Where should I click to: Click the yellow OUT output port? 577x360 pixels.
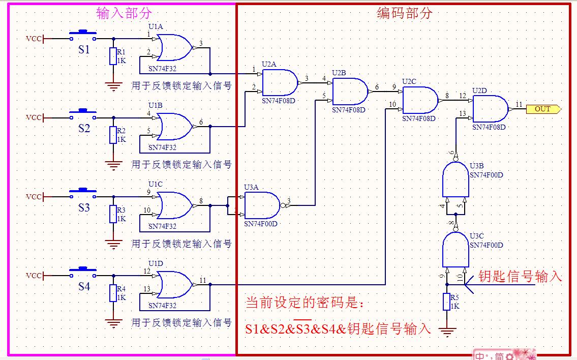tap(543, 109)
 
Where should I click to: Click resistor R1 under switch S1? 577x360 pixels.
tap(113, 56)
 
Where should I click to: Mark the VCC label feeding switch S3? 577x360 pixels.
tap(34, 197)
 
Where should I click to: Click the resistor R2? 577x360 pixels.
tap(113, 135)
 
